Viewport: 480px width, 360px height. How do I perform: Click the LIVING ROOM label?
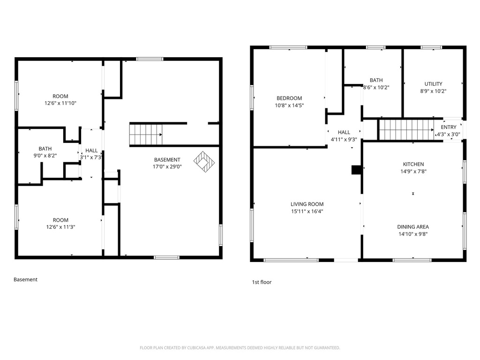coord(307,204)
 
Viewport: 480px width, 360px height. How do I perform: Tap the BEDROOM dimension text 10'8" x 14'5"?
coord(289,105)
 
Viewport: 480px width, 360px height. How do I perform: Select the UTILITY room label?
coord(433,84)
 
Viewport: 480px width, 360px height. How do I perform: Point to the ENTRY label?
coord(449,127)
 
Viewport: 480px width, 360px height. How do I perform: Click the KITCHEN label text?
coord(413,165)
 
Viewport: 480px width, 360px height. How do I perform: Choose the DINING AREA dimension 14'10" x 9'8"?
coord(413,234)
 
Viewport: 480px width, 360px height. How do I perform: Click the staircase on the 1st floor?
coord(406,130)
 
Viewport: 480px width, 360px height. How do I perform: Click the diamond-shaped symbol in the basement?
coord(204,162)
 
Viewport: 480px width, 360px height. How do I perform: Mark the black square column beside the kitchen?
coord(357,170)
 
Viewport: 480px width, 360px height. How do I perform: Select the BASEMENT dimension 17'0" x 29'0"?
coord(167,167)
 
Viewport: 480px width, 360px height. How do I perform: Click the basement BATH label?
coord(45,149)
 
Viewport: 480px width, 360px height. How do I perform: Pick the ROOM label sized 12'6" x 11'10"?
coord(60,96)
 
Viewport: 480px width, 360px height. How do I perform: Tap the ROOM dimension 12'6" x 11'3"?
coord(60,227)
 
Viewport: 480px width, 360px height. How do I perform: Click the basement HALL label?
coord(91,150)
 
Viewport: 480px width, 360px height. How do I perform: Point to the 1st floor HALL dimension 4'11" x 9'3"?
coord(344,140)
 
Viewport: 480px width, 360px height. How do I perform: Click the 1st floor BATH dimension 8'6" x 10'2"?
coord(376,88)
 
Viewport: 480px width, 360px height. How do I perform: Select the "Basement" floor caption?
coord(25,279)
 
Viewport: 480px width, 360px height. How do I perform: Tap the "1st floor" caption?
coord(262,282)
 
